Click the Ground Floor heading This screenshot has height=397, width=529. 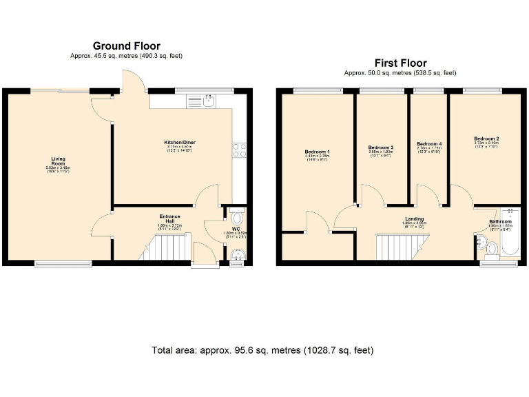[x=126, y=46]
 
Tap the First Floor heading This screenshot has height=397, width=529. [x=400, y=63]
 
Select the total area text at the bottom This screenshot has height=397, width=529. [x=262, y=350]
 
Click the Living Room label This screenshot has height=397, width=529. [x=50, y=161]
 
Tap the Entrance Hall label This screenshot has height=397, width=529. [x=169, y=218]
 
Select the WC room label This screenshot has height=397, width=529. [x=236, y=229]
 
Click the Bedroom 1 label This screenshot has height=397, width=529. [x=317, y=152]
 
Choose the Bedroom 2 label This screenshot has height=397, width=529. [x=486, y=139]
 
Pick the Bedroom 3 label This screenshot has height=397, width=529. [x=380, y=147]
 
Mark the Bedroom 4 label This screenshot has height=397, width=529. [x=429, y=144]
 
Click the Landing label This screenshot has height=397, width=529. [x=414, y=219]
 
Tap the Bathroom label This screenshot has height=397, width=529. [x=500, y=221]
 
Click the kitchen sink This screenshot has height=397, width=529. [x=207, y=101]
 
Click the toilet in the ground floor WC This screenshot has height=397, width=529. [x=236, y=214]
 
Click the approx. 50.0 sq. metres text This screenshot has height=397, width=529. [x=400, y=72]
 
